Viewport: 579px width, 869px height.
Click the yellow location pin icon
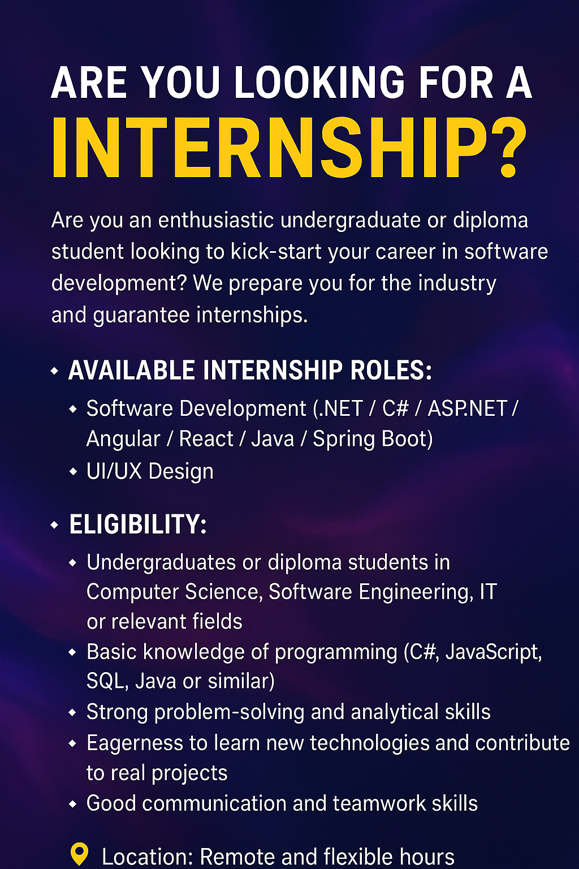(80, 854)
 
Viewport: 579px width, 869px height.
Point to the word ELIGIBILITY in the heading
(135, 524)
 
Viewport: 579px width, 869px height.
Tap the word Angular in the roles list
(123, 440)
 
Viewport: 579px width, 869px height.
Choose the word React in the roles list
(206, 439)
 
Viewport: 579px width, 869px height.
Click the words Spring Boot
(372, 440)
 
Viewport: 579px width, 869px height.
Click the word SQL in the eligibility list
(105, 682)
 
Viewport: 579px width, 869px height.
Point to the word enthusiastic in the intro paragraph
(216, 220)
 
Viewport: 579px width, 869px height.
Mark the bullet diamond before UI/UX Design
(73, 472)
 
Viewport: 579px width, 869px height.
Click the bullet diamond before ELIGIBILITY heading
(54, 525)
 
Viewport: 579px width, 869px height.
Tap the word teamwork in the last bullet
(379, 803)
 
